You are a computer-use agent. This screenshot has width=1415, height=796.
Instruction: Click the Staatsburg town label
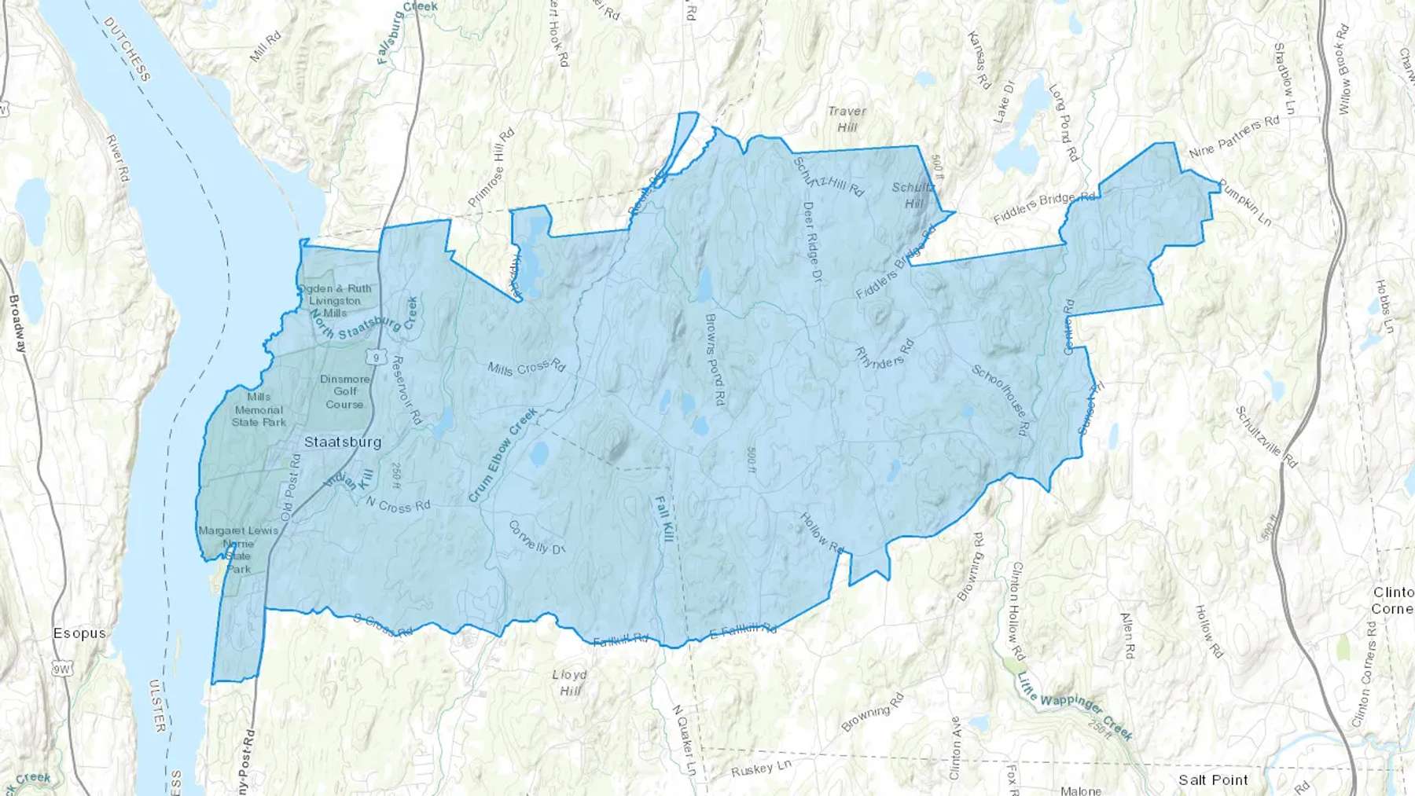[x=343, y=442]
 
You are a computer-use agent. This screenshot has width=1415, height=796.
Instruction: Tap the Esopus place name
[x=79, y=633]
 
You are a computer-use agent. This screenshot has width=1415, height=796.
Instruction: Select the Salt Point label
[x=1213, y=780]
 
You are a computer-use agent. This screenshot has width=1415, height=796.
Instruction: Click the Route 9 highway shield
[x=378, y=358]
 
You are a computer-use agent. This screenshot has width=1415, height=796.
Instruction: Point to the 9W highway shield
[x=61, y=669]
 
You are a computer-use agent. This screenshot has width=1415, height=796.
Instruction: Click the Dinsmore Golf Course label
[x=345, y=391]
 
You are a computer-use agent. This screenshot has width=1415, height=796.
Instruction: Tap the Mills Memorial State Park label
[x=259, y=409]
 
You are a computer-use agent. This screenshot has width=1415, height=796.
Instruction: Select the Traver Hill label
[x=847, y=119]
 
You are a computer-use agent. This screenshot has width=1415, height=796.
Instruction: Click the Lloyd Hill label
[x=570, y=682]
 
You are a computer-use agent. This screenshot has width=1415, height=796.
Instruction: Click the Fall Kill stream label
[x=665, y=519]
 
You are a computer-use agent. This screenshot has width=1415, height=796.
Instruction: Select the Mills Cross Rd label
[x=526, y=367]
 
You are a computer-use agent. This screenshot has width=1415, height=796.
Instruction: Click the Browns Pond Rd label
[x=715, y=360]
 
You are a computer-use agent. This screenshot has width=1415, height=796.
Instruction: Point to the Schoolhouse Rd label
[x=1001, y=400]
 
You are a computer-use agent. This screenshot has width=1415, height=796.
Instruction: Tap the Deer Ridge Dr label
[x=812, y=241]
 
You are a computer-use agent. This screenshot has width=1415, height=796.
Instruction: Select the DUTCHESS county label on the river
[x=127, y=50]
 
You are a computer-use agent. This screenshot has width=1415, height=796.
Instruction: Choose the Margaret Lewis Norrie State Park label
[x=238, y=549]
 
